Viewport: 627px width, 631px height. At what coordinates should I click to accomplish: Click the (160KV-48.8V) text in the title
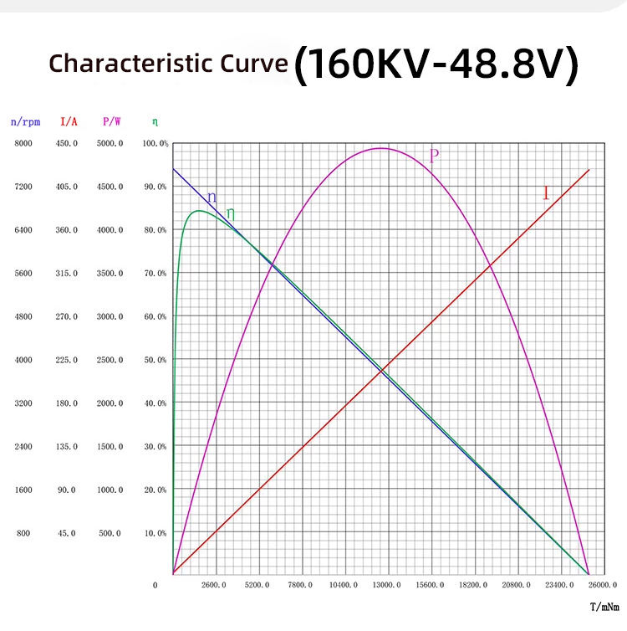[x=436, y=65]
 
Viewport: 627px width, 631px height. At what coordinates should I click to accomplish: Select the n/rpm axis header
[x=25, y=121]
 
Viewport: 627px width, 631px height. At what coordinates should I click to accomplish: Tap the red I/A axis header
[x=69, y=121]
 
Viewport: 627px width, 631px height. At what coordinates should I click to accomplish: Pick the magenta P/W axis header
[x=112, y=121]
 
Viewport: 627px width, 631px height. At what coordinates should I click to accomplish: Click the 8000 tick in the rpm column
[x=23, y=144]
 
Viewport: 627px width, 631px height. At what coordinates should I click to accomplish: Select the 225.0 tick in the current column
[x=67, y=360]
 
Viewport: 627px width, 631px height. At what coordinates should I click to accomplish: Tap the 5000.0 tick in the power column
[x=110, y=144]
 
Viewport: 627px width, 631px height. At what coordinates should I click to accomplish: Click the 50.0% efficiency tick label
[x=156, y=360]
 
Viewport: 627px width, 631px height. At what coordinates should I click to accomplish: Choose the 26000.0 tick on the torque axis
[x=603, y=585]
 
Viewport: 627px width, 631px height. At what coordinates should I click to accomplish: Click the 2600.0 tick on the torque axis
[x=215, y=585]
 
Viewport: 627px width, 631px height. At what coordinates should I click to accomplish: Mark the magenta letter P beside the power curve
[x=434, y=156]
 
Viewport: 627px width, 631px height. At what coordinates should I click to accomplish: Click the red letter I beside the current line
[x=546, y=194]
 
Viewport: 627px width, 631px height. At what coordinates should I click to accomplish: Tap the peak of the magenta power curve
[x=381, y=148]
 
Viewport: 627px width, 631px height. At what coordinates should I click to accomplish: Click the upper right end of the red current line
[x=589, y=170]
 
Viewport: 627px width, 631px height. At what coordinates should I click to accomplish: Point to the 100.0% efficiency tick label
[x=156, y=144]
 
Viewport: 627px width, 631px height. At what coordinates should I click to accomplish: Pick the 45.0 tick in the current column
[x=67, y=533]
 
